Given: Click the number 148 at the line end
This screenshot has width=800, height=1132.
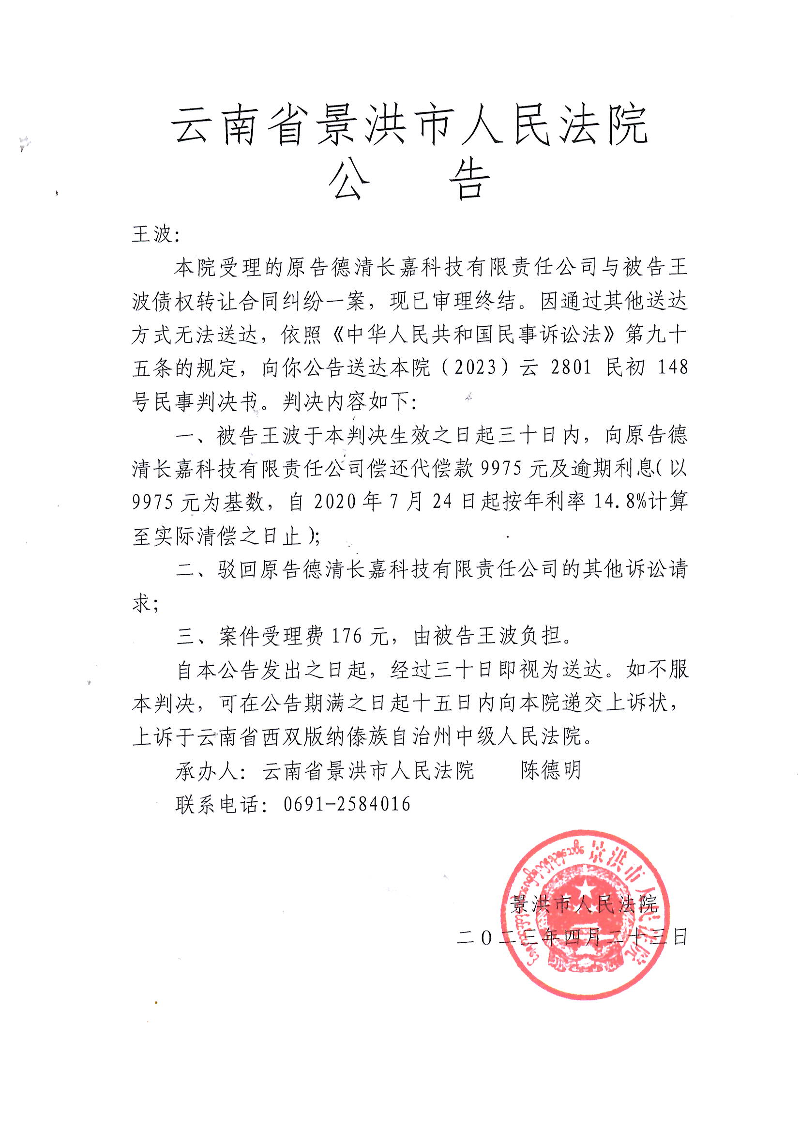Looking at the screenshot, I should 673,368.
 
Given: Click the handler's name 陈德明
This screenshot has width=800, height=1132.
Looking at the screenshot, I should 552,771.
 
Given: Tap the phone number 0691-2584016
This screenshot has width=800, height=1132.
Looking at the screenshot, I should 347,804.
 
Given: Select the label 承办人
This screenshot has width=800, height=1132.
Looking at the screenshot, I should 207,771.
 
